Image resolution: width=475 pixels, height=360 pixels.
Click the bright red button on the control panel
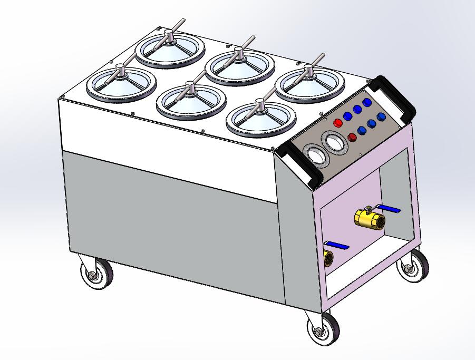(338, 122)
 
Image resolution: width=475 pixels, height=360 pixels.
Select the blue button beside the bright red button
(348, 116)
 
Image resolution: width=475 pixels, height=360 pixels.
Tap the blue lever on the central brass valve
(387, 210)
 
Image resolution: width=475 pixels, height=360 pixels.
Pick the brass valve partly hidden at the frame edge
(328, 258)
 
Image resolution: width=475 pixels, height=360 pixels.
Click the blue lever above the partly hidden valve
(337, 245)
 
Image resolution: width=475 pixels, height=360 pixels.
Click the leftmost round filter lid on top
(122, 84)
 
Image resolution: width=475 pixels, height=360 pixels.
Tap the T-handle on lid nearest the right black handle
(309, 71)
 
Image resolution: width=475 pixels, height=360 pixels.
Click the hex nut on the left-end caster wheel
(93, 275)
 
